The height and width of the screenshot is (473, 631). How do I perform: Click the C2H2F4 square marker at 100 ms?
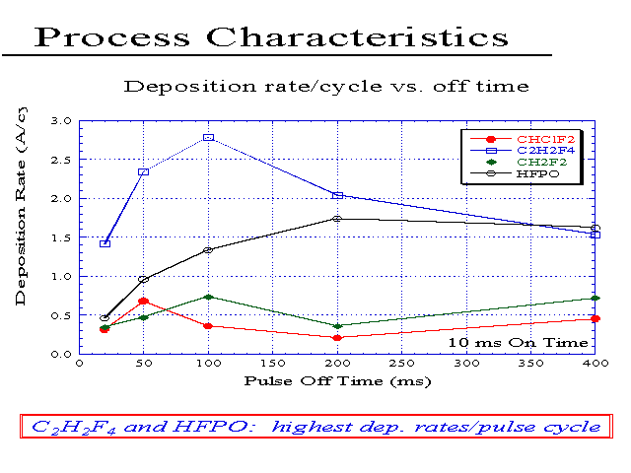(208, 138)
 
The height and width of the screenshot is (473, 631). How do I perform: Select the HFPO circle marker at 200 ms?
(337, 219)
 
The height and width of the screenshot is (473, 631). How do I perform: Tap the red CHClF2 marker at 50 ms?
(143, 302)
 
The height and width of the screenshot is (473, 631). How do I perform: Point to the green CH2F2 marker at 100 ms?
(208, 297)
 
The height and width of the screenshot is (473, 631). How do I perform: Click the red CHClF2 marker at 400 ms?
(596, 318)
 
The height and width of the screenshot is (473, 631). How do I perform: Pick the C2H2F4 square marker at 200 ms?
(337, 195)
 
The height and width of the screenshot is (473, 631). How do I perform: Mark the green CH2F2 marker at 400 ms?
(596, 298)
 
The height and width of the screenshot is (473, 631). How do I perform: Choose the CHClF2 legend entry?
(523, 139)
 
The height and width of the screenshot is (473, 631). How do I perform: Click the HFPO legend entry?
(515, 173)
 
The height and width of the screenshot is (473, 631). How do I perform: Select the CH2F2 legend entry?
(519, 162)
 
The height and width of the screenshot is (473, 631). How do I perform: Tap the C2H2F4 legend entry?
(523, 151)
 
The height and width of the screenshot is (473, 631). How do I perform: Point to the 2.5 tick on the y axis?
(61, 160)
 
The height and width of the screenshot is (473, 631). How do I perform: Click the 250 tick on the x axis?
(401, 364)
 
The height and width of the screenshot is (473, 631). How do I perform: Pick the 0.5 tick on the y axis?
(61, 315)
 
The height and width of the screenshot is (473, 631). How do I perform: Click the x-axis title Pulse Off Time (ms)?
(337, 381)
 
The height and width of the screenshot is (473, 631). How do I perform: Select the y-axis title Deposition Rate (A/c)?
(21, 206)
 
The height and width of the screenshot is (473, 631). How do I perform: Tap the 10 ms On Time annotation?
(518, 343)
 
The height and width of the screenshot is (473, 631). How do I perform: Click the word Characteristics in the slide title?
(357, 37)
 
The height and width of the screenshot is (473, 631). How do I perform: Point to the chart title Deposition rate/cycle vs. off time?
(326, 87)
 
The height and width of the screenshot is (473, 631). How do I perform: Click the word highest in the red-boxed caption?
(312, 427)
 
